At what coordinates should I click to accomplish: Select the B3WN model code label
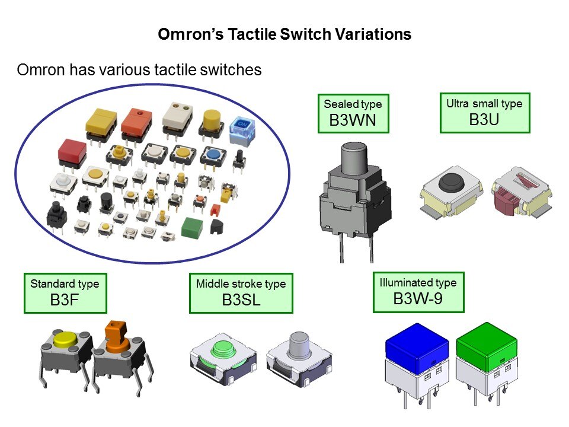click(x=353, y=120)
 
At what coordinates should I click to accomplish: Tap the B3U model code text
click(x=484, y=119)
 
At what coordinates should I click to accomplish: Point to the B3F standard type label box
click(x=65, y=292)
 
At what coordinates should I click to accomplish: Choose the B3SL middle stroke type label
click(x=241, y=292)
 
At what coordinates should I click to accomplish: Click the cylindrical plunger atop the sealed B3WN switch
click(x=354, y=156)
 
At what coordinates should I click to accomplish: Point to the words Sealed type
click(x=353, y=104)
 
